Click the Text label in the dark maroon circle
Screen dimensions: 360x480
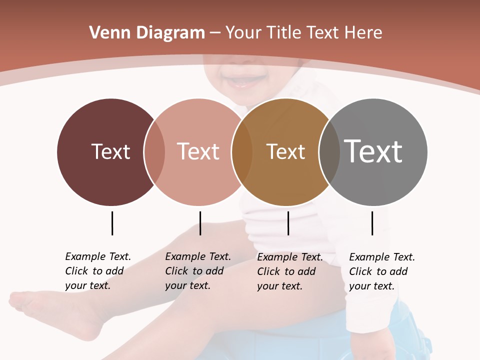coord(110,151)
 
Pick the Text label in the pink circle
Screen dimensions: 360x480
coord(198,151)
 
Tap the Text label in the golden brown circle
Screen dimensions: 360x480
coord(285,152)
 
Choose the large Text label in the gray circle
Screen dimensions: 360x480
coord(373,151)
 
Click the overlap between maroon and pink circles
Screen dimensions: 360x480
coord(154,152)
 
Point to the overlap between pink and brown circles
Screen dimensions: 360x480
coord(242,152)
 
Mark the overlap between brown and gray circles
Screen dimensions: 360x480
coord(329,152)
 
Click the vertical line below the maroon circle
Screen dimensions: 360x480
coord(112,223)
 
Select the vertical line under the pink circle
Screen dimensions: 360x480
coord(200,223)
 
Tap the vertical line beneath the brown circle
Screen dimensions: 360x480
coord(288,223)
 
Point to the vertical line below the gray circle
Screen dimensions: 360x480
coord(372,223)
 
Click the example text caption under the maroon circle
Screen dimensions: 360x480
coord(97,271)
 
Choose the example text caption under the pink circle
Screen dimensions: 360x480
coord(197,271)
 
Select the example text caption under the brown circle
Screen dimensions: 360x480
coord(289,271)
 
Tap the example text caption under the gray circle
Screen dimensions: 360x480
coord(381,271)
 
